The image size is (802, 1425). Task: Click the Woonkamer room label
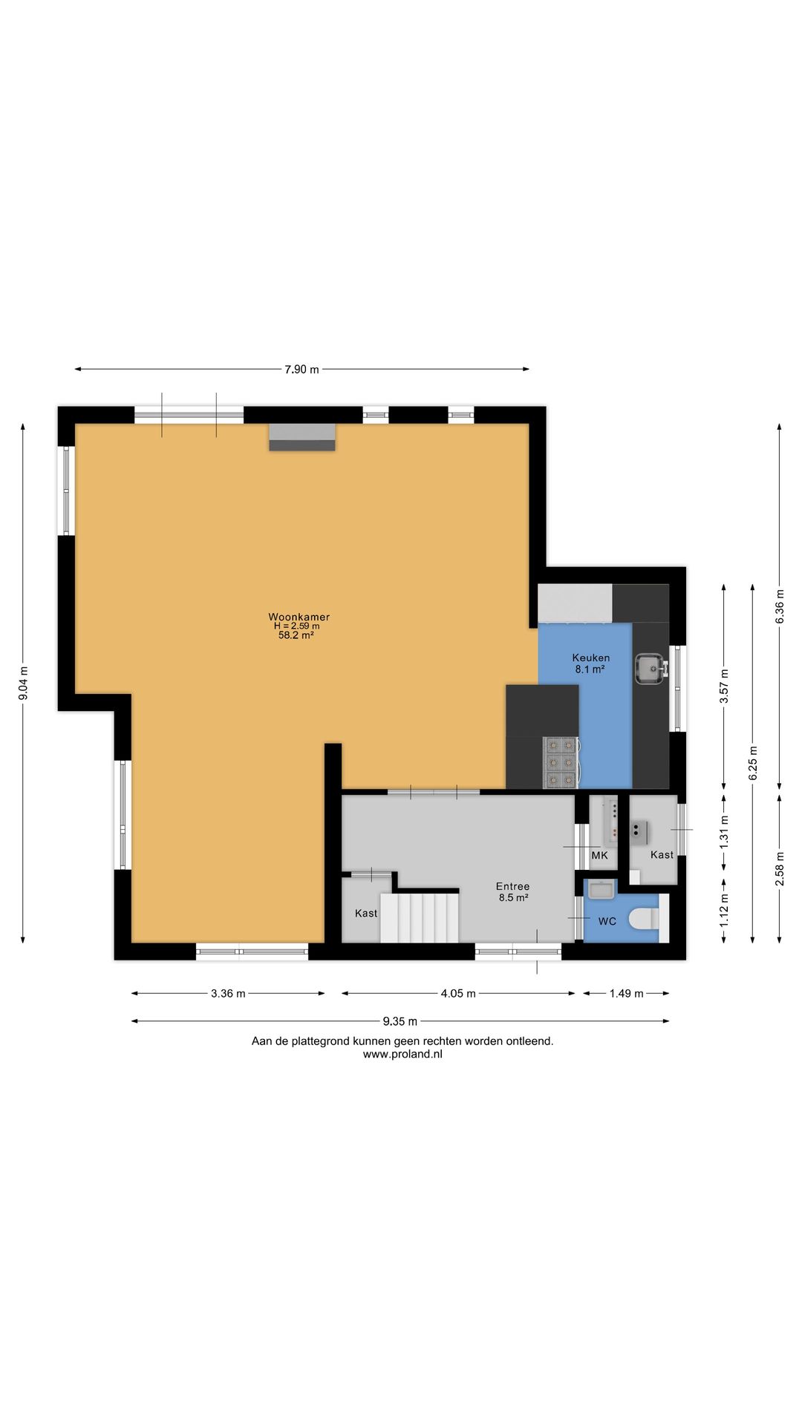click(x=299, y=617)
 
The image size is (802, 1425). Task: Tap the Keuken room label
click(x=591, y=658)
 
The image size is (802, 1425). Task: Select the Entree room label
click(x=513, y=886)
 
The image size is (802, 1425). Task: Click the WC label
click(x=607, y=921)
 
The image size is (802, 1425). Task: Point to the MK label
click(x=599, y=855)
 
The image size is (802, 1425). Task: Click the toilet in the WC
click(x=644, y=919)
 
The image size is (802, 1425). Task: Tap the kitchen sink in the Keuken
click(x=651, y=667)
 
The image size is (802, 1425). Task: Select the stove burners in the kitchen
click(x=561, y=762)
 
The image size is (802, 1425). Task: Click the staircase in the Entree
click(x=420, y=917)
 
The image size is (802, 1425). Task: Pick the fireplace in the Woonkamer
click(x=301, y=437)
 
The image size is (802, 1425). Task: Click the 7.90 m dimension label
click(x=301, y=369)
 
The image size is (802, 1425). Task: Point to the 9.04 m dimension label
click(x=23, y=684)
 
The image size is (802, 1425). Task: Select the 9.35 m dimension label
click(x=400, y=1021)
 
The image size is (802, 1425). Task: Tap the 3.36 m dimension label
click(x=228, y=993)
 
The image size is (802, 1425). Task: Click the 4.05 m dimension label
click(x=458, y=993)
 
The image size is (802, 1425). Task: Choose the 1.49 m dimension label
click(x=627, y=993)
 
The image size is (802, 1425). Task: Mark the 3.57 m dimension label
click(x=724, y=687)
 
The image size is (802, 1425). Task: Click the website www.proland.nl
click(x=402, y=1054)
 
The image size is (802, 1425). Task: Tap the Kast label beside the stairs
click(x=366, y=913)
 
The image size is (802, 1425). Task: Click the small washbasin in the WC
click(x=601, y=888)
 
